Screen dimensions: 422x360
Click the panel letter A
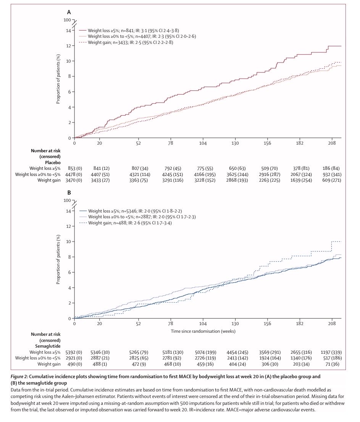pos(69,12)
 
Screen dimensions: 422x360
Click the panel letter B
pos(69,193)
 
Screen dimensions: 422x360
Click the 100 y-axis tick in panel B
pos(68,200)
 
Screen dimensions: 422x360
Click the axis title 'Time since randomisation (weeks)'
pos(203,331)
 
